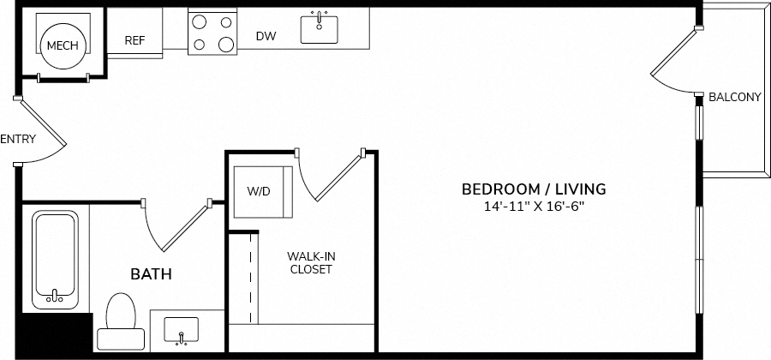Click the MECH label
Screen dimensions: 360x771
(62, 45)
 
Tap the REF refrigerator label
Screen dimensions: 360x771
(134, 40)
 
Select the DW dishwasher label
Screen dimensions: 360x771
(266, 36)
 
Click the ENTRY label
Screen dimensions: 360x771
(18, 139)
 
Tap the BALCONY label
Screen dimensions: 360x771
(734, 98)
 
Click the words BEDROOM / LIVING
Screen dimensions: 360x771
(534, 189)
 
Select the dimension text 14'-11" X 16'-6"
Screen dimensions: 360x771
(534, 206)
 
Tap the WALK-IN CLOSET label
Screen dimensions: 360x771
(309, 262)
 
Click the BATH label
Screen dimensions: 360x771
(151, 274)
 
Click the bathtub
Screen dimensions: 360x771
(55, 260)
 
